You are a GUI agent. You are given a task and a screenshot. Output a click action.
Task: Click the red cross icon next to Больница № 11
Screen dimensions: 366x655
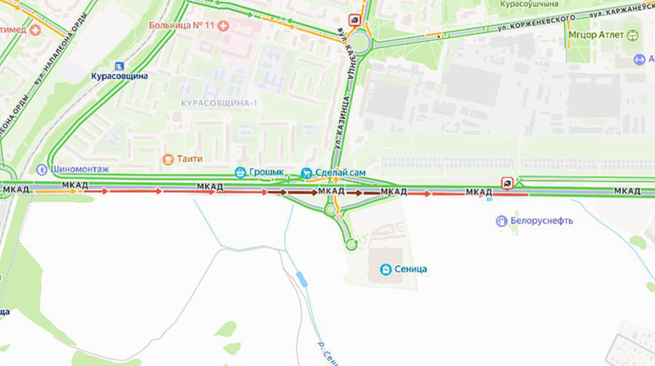pos(223,26)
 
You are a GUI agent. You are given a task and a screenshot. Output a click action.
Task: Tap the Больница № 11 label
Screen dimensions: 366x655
pos(181,26)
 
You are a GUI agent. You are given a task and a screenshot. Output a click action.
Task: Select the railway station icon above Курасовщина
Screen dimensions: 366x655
pos(118,65)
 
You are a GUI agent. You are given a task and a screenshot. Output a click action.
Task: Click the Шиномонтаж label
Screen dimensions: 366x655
pos(81,169)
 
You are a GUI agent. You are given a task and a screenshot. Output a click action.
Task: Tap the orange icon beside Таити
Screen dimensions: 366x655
pos(168,159)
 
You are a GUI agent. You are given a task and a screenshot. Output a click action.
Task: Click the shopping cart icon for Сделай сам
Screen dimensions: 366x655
pos(306,173)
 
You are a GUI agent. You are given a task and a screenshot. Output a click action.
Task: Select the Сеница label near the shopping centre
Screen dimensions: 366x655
pos(411,269)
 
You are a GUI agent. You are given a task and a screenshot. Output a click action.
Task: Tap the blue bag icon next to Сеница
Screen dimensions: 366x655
pos(385,269)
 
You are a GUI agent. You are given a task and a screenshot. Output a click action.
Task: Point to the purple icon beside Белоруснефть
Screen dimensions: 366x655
pos(501,221)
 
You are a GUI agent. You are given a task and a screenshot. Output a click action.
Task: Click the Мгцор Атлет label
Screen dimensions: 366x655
pos(596,35)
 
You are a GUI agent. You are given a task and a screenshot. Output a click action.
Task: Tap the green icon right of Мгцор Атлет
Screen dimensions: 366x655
pos(632,35)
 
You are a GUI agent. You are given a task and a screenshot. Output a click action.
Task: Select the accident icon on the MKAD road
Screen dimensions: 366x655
pos(507,183)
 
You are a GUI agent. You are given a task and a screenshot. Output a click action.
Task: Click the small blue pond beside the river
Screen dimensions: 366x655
pos(302,279)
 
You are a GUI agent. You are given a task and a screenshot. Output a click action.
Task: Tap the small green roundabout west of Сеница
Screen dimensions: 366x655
pos(351,244)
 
